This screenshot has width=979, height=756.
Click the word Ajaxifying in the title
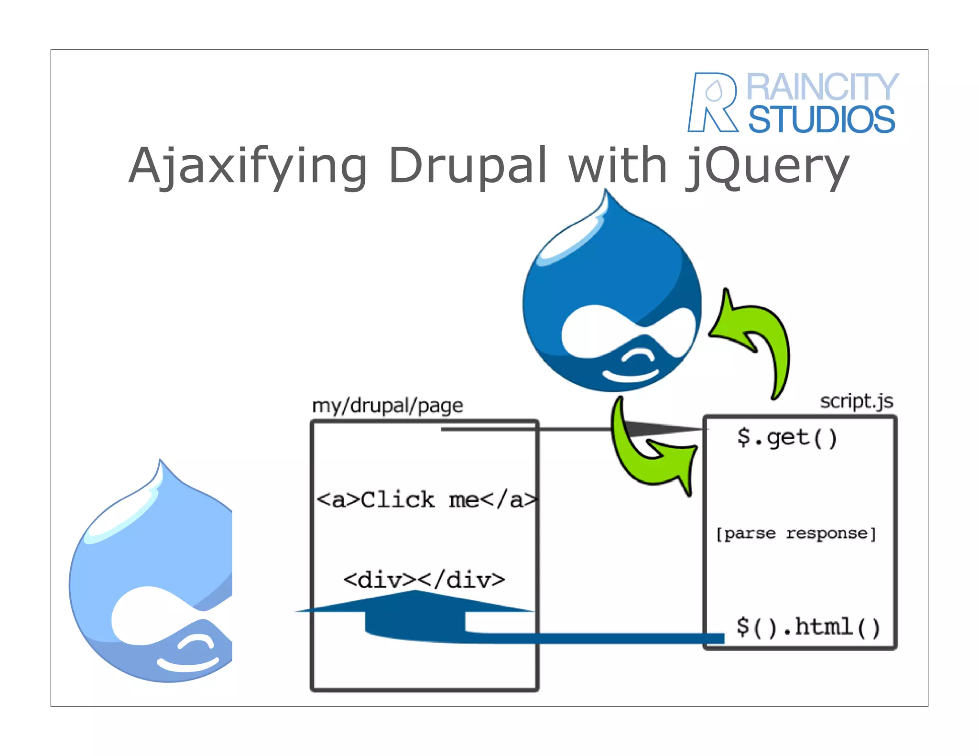tap(248, 166)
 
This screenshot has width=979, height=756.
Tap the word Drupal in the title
tap(468, 166)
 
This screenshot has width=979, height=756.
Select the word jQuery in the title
tap(767, 166)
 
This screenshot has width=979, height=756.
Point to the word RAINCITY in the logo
tap(822, 87)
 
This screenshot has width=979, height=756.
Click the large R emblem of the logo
tap(712, 102)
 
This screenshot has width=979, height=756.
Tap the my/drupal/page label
tap(387, 406)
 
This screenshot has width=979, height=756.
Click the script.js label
tap(856, 401)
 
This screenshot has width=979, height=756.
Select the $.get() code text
tap(787, 437)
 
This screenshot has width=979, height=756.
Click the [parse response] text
tap(796, 533)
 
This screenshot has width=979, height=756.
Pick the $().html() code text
tap(808, 627)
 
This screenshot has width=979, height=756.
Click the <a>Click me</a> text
tap(426, 500)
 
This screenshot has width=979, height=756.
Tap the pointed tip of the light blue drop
tap(161, 461)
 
